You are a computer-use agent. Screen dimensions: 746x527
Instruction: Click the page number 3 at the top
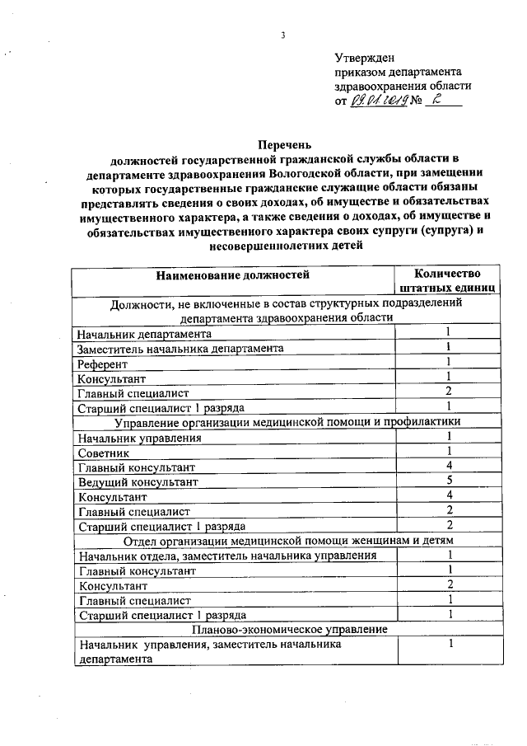click(x=282, y=35)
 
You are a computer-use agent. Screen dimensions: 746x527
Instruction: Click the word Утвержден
click(x=365, y=58)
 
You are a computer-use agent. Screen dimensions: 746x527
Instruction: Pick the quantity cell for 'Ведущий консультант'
click(x=449, y=480)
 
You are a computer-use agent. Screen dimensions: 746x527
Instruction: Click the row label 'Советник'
click(x=104, y=453)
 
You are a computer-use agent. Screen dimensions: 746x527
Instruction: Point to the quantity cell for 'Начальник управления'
click(x=449, y=436)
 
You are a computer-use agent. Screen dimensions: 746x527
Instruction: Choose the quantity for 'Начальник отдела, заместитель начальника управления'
click(x=449, y=555)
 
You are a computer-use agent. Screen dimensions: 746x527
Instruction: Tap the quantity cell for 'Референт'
click(x=449, y=362)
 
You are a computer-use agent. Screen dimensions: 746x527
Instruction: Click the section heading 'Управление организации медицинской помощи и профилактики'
click(x=287, y=422)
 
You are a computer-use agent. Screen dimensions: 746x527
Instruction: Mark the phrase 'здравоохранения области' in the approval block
click(x=403, y=86)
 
